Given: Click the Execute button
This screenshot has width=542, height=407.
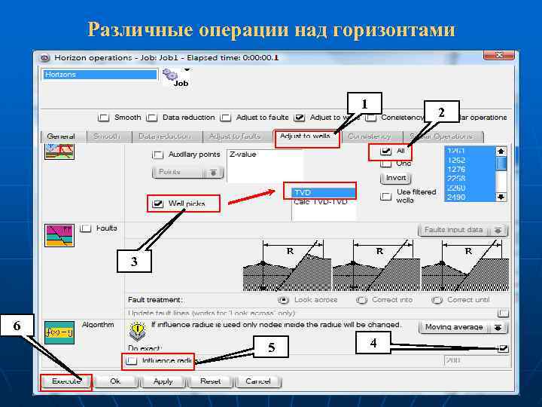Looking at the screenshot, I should point(66,381).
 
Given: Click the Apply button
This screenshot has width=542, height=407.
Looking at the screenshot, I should point(163,381).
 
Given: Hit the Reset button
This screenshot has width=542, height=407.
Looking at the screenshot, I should point(210,381).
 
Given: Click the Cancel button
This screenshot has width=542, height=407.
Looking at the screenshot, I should point(257,381).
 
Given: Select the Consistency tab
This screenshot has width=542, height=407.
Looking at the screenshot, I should point(369,136).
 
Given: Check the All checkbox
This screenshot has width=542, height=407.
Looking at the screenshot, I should point(386,151).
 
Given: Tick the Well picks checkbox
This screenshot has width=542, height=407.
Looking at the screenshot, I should point(158,203).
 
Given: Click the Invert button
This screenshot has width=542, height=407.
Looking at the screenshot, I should point(396,178).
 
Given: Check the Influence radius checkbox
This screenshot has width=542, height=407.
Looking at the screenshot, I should point(132,361).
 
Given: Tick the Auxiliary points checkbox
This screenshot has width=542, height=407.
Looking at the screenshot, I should point(158,155).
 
